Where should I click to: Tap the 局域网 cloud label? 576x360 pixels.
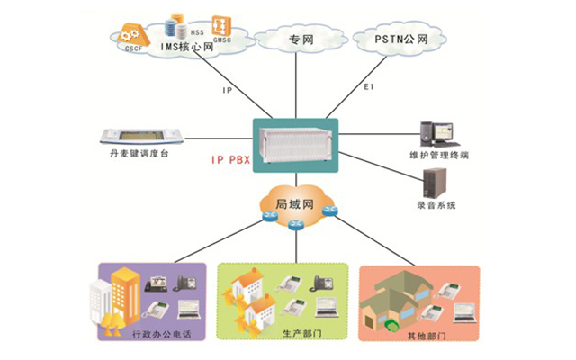pyautogui.click(x=293, y=203)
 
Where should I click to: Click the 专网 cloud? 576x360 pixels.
pyautogui.click(x=300, y=40)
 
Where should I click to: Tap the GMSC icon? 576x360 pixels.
pyautogui.click(x=219, y=24)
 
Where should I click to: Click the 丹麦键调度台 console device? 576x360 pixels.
pyautogui.click(x=143, y=137)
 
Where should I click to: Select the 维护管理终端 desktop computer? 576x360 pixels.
pyautogui.click(x=443, y=132)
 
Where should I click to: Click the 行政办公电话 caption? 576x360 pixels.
pyautogui.click(x=162, y=334)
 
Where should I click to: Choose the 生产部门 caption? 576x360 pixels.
pyautogui.click(x=284, y=334)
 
